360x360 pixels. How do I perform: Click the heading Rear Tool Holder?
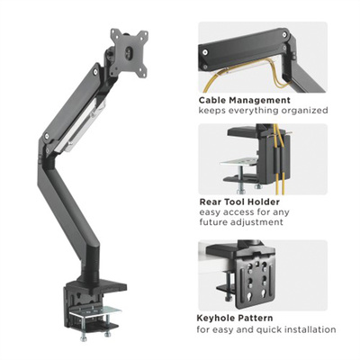[241, 202]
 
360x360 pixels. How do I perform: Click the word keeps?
[212, 110]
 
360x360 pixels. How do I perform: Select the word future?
[217, 224]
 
